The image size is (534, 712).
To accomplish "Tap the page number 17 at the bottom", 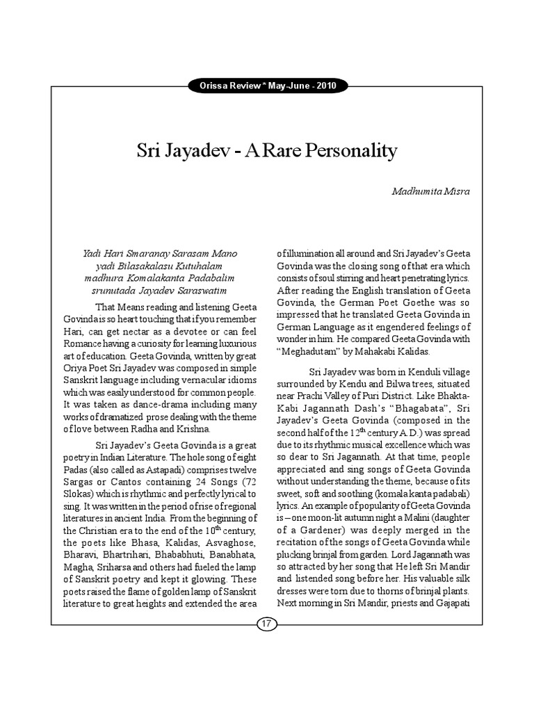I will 267,624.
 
